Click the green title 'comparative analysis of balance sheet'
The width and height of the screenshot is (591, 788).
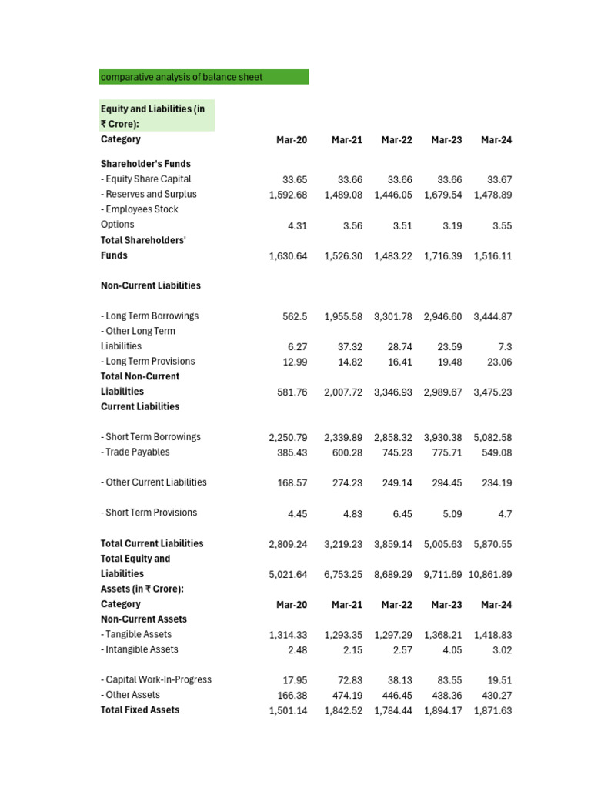(x=182, y=77)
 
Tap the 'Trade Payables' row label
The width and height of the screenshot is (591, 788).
(x=135, y=452)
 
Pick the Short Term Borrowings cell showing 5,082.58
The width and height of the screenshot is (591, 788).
(x=492, y=437)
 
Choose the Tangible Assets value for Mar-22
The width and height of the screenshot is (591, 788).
(x=392, y=635)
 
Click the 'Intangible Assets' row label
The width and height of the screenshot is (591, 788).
(x=139, y=649)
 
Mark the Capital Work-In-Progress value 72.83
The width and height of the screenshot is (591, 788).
(x=346, y=680)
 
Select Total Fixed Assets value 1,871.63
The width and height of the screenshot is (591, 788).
(x=492, y=710)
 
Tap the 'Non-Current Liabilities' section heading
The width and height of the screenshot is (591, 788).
(x=151, y=285)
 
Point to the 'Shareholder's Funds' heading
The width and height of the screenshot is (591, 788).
(x=145, y=164)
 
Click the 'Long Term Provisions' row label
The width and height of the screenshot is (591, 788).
(x=148, y=362)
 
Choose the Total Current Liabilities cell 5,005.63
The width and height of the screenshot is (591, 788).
(x=442, y=544)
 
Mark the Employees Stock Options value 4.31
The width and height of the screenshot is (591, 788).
(x=296, y=225)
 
